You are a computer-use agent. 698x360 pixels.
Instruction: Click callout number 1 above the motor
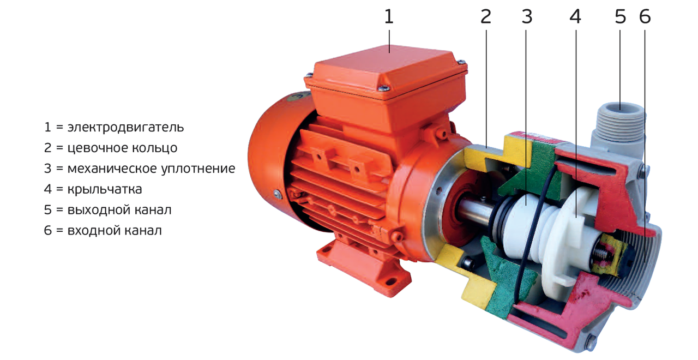[x=389, y=16]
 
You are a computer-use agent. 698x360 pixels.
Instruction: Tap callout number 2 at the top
[x=486, y=16]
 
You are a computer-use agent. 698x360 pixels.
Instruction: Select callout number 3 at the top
[x=527, y=16]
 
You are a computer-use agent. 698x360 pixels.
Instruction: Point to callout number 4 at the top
[x=575, y=16]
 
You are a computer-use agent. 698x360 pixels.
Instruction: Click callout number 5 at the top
[x=620, y=16]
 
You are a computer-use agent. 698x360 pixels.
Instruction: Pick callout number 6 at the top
[x=645, y=16]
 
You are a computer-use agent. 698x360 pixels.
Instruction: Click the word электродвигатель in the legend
[x=125, y=128]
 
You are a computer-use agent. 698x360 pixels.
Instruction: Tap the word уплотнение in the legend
[x=198, y=169]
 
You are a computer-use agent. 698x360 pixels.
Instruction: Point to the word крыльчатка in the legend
[x=105, y=189]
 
